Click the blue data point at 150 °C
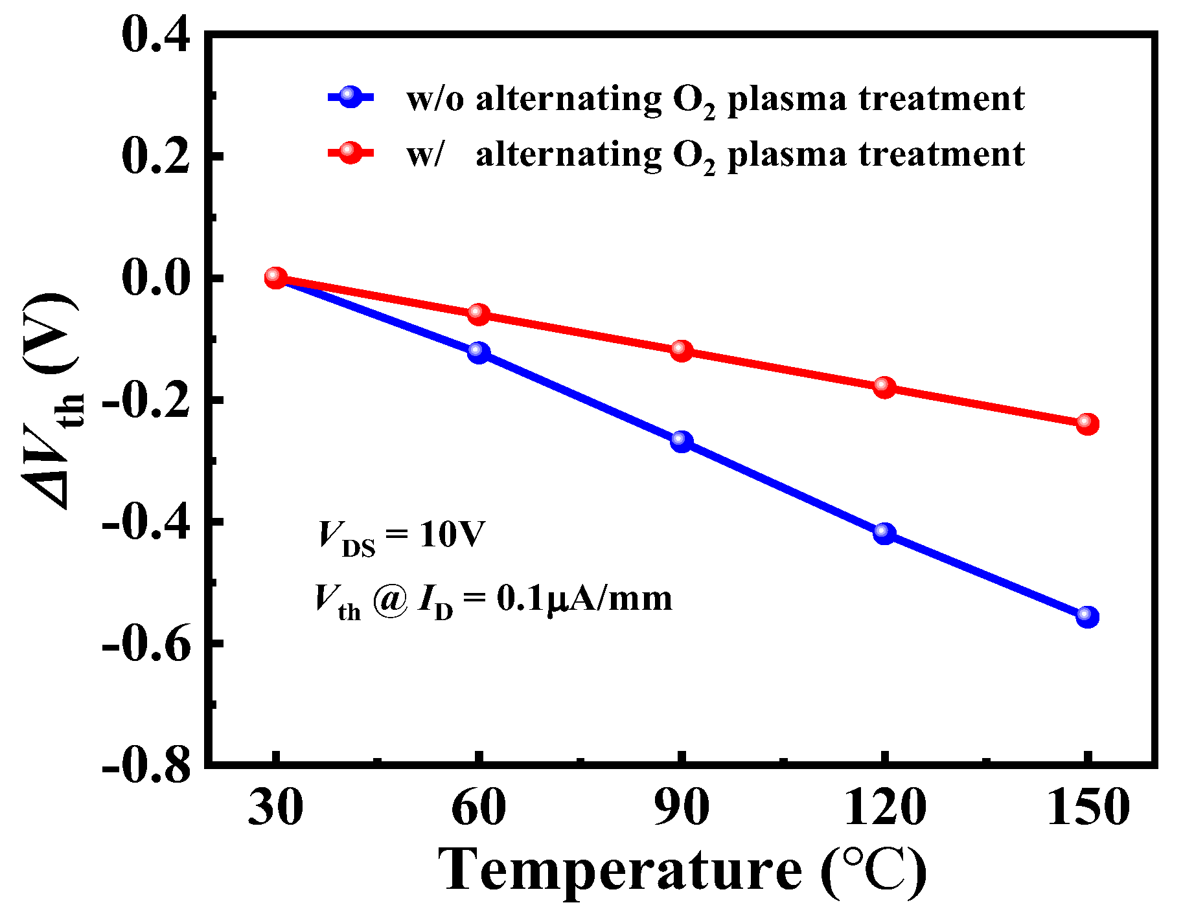(x=1087, y=616)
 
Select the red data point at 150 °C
(x=1087, y=424)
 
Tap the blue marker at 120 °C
(x=884, y=533)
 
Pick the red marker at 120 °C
(x=884, y=387)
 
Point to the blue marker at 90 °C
(x=682, y=441)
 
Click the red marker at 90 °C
(x=682, y=351)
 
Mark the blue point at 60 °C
(x=479, y=352)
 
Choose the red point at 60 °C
(x=479, y=314)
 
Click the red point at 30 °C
(x=275, y=278)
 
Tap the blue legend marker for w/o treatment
(x=350, y=97)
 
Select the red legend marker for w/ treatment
(x=350, y=153)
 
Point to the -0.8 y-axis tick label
(x=146, y=766)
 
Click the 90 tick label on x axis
(x=682, y=808)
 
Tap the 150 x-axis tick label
(x=1088, y=808)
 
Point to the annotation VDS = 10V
(x=401, y=537)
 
